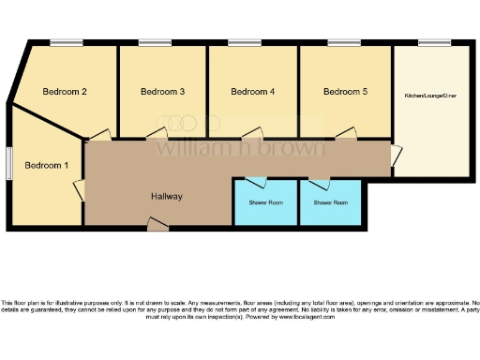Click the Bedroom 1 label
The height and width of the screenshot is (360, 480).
[x=47, y=166]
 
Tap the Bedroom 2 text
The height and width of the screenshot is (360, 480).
[x=66, y=92]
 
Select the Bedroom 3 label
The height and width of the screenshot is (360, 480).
[x=162, y=92]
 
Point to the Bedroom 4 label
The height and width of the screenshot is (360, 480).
[x=253, y=92]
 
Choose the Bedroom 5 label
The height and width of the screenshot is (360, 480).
[x=345, y=92]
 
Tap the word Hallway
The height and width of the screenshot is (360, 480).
[x=167, y=197]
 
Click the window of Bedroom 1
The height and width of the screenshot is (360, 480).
[x=9, y=160]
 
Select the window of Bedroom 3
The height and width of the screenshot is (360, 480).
[x=154, y=42]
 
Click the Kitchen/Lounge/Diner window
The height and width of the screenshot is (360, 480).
[x=433, y=42]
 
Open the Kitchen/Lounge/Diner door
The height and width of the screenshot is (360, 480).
[x=397, y=155]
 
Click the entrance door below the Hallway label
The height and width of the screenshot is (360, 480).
[x=157, y=222]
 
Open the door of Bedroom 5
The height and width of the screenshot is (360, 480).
[x=349, y=135]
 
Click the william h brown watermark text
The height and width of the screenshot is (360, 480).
[x=240, y=147]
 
